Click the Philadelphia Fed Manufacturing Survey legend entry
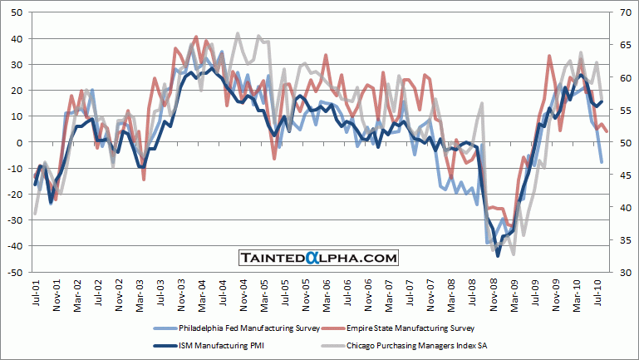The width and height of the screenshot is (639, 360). [x=233, y=328]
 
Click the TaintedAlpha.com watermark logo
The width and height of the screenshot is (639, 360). [x=319, y=259]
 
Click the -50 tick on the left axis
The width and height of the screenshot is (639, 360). [x=16, y=272]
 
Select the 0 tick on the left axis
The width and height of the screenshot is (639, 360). [x=20, y=142]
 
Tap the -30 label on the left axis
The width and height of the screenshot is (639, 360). [x=16, y=220]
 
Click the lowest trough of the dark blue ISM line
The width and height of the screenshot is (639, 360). [x=498, y=255]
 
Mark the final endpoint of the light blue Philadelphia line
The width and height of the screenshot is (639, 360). [x=602, y=162]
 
